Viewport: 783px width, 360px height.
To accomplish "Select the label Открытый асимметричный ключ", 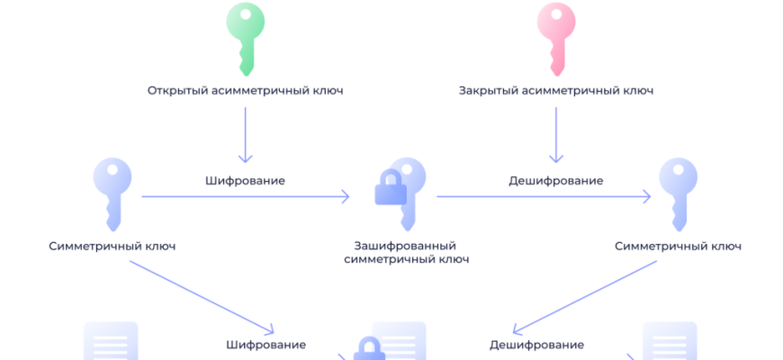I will click(246, 91).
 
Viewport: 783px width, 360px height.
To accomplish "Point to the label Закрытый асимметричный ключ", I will click(555, 91).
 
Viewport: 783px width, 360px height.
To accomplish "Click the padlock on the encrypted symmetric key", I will click(391, 189).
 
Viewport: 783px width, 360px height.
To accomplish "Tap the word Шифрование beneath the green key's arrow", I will click(246, 181).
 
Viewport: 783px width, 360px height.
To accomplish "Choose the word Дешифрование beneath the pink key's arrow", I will click(555, 181).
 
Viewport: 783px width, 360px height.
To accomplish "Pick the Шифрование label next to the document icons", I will click(265, 345).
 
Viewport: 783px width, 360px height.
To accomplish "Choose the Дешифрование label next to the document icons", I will click(536, 345).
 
